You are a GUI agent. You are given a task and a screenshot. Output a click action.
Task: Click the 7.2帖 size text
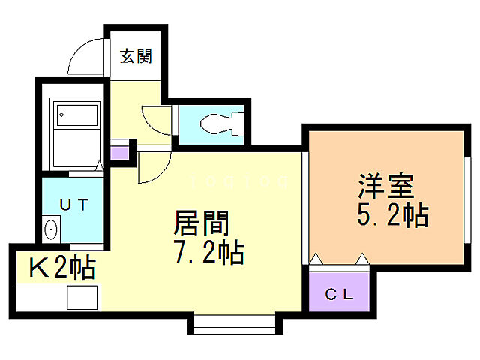(x=208, y=253)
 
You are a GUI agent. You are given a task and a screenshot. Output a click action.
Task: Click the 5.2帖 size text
(x=392, y=215)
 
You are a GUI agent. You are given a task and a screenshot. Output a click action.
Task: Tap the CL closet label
(x=340, y=294)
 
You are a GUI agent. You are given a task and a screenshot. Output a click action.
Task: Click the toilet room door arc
(x=157, y=118)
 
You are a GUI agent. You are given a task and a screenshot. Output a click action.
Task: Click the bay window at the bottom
(x=235, y=324)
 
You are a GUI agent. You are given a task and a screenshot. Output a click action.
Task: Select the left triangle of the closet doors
(x=316, y=259)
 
